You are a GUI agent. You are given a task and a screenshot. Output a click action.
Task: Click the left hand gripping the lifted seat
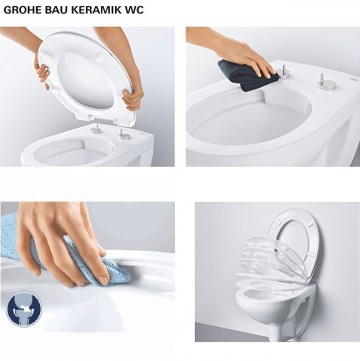41,70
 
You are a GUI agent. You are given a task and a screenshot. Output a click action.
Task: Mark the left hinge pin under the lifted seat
96,129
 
